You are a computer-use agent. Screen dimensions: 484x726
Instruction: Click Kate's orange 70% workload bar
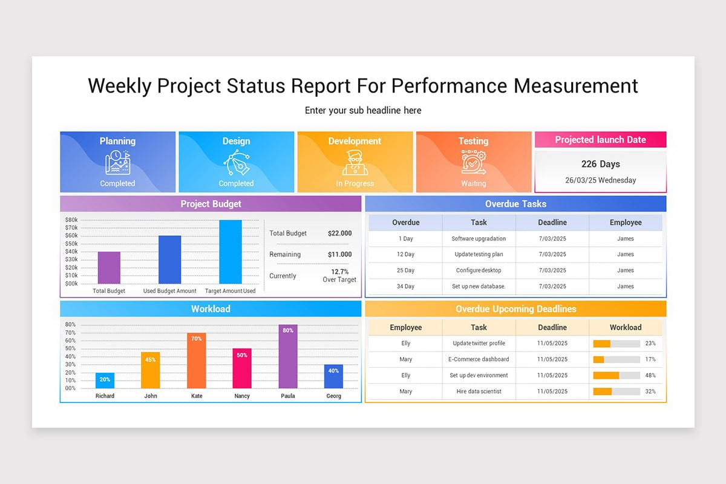click(x=197, y=361)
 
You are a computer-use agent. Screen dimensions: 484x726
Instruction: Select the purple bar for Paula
click(x=288, y=357)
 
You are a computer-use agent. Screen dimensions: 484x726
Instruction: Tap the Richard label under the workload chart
click(x=105, y=396)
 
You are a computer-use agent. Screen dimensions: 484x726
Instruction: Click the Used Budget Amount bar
click(x=169, y=260)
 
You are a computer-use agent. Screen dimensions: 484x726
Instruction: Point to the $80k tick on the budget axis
click(x=71, y=220)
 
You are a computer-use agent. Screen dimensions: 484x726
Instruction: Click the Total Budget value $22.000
click(x=339, y=234)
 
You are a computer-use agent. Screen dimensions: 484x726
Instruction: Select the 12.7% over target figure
click(x=339, y=272)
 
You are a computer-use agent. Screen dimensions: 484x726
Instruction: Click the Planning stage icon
click(x=117, y=163)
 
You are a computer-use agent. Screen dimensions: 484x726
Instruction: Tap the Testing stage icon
click(x=473, y=163)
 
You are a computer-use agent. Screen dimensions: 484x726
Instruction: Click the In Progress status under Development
click(x=355, y=183)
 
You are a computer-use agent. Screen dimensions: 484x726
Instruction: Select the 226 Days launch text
click(x=600, y=164)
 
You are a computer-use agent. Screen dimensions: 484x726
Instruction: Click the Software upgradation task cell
click(x=479, y=238)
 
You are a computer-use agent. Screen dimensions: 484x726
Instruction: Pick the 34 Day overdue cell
click(x=405, y=287)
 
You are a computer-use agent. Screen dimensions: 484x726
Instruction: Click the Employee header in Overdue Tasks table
click(x=625, y=223)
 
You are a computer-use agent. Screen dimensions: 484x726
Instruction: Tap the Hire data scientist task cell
click(x=479, y=391)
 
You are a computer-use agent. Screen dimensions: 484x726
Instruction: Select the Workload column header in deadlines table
click(x=625, y=327)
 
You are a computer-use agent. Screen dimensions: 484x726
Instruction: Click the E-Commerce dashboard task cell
click(x=479, y=359)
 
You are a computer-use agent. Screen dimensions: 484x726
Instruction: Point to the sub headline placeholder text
click(x=363, y=111)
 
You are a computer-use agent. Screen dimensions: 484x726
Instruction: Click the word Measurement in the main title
click(x=575, y=86)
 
